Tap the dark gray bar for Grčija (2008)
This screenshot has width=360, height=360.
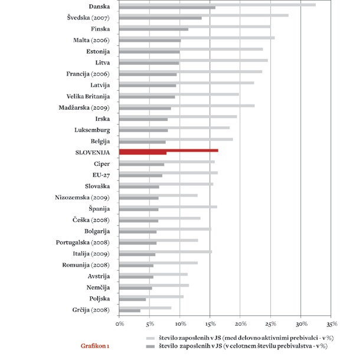(x=130, y=310)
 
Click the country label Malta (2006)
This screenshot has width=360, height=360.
(x=95, y=40)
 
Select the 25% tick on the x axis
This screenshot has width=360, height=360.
(x=270, y=324)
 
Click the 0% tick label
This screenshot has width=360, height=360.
(x=120, y=324)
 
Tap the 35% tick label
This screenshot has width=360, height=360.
(x=331, y=324)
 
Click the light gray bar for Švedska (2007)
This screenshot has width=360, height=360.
(x=204, y=15)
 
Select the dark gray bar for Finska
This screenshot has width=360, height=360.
(x=153, y=29)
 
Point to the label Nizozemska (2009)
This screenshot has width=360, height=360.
(x=82, y=197)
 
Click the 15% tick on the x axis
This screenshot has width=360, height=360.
(x=210, y=324)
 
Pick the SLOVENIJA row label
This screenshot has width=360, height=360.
(x=93, y=152)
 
